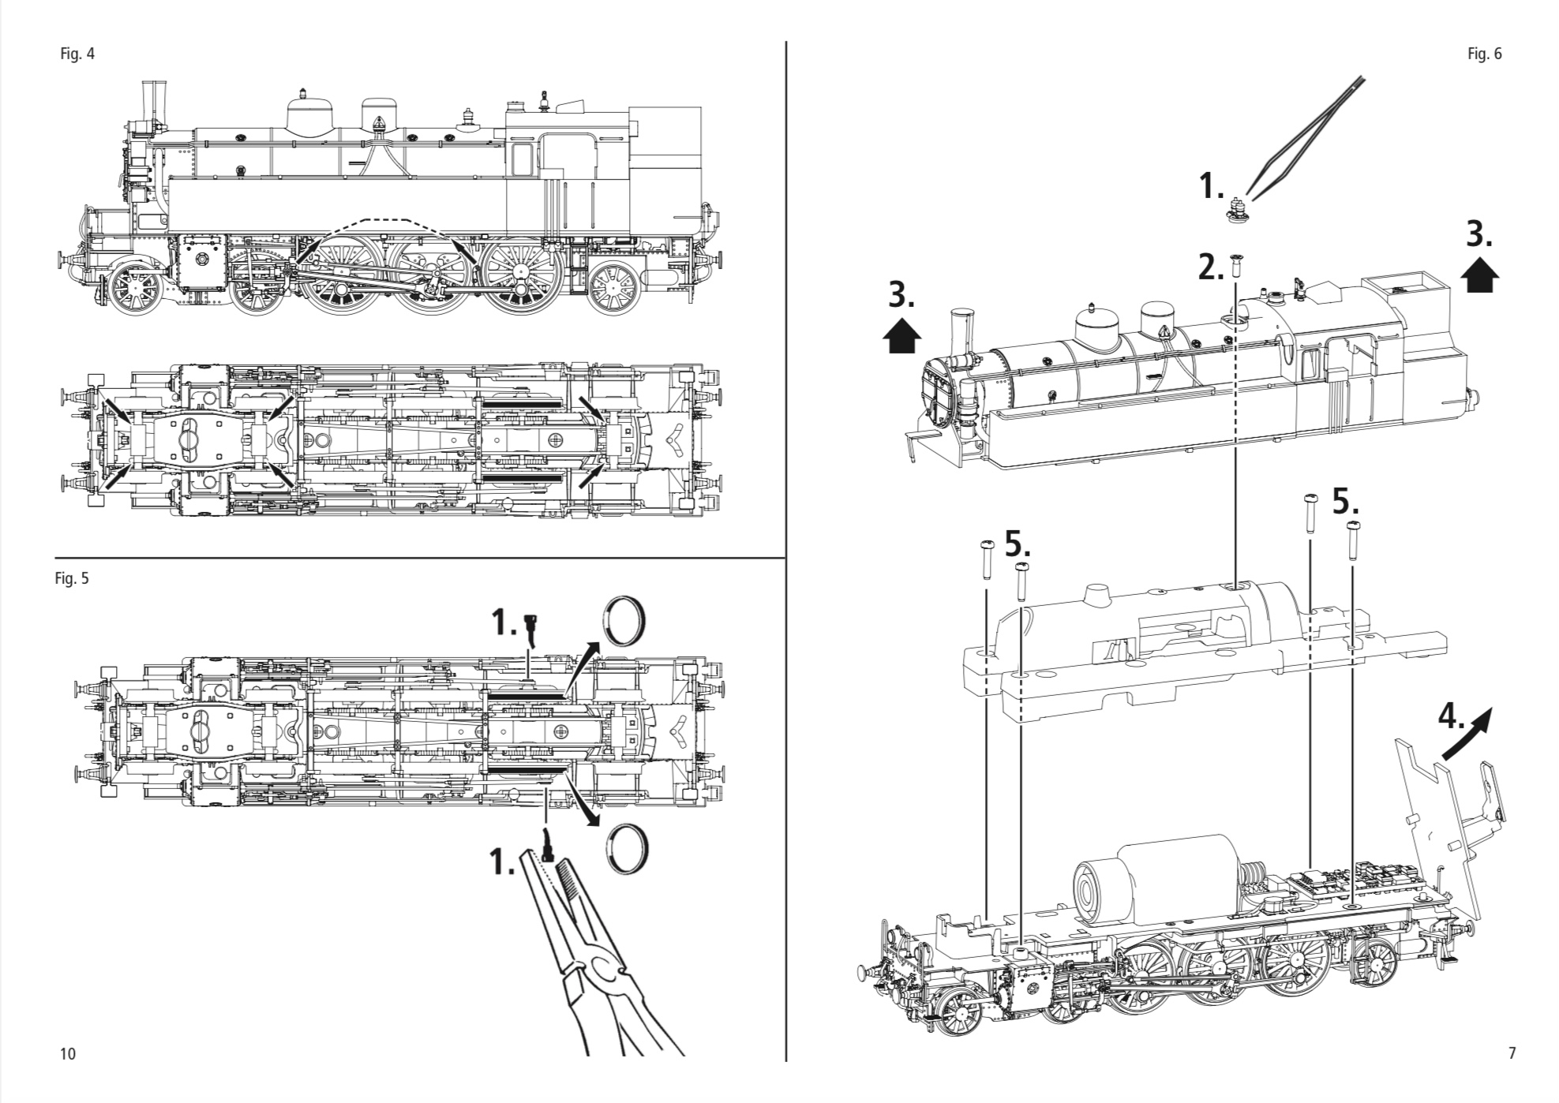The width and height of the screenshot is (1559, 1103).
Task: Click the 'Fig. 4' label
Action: click(77, 54)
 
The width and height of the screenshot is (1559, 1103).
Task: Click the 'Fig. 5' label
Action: click(72, 578)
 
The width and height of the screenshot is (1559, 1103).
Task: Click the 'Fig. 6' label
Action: click(1484, 54)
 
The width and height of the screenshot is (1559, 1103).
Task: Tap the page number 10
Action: click(68, 1053)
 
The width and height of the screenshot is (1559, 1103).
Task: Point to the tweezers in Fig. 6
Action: click(1306, 134)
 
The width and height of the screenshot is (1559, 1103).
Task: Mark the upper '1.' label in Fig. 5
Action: click(504, 623)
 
